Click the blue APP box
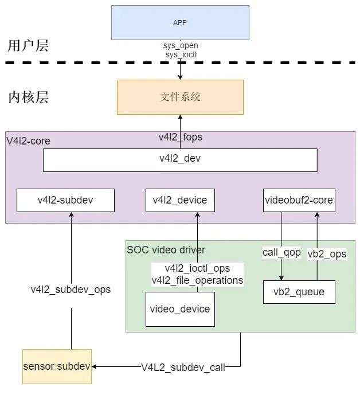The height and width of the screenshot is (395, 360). [180, 23]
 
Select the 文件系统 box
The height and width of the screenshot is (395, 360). [180, 97]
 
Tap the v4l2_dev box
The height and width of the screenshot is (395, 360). [180, 160]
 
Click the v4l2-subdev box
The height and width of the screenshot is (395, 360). [65, 200]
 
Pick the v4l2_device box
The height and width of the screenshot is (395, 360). [180, 200]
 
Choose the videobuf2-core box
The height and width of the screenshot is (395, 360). [299, 200]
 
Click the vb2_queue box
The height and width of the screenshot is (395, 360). [299, 292]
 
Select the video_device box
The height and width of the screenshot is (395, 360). [180, 309]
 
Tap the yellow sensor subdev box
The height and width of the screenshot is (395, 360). [57, 366]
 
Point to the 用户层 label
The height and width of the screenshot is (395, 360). [28, 46]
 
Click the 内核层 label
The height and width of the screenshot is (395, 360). [28, 96]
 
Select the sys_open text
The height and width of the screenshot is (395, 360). [180, 45]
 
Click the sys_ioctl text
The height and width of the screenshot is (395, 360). [180, 54]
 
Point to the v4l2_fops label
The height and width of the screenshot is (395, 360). [180, 137]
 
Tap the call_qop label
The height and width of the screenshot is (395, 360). [281, 252]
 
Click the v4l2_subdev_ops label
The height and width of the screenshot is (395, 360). [71, 290]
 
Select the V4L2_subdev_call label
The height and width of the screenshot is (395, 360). [183, 367]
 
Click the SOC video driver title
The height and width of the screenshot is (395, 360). [166, 250]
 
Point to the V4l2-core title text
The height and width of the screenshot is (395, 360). [28, 141]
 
